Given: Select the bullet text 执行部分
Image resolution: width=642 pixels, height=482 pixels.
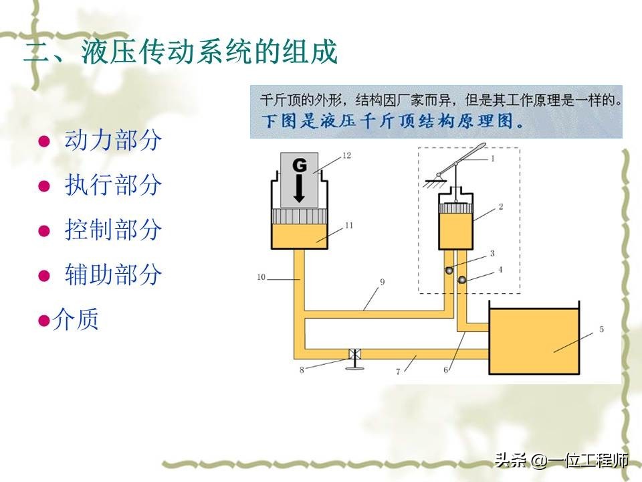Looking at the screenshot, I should tap(113, 185).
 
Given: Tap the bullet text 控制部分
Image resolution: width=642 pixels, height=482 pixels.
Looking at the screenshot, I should tap(113, 230).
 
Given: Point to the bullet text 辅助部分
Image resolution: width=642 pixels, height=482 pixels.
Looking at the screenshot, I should tap(113, 274).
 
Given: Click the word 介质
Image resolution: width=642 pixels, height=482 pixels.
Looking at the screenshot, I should tap(79, 319).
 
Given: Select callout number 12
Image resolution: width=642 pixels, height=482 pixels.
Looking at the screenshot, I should tap(346, 155).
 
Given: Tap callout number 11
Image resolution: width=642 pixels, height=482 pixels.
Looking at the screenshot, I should tap(348, 226).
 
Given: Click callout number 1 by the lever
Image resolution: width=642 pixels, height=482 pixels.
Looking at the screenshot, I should tap(493, 159).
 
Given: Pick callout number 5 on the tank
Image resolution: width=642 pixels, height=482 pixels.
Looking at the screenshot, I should tap(601, 329).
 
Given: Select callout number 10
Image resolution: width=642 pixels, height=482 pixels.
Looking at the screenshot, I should tap(261, 276).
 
